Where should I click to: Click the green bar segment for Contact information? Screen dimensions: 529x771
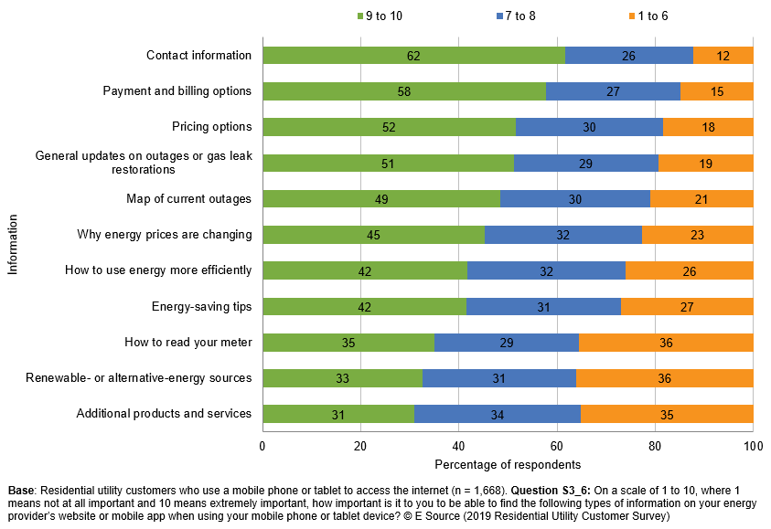pos(413,56)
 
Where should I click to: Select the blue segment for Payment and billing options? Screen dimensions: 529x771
pos(613,91)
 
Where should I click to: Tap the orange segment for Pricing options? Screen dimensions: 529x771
pos(708,127)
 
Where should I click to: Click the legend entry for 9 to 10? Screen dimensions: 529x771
pos(376,16)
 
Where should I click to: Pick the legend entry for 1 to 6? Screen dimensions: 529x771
pos(649,16)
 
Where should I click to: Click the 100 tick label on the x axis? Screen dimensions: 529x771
pos(753,447)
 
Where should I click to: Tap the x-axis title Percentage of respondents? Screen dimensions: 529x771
pos(507,465)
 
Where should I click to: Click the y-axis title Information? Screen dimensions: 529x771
pos(12,244)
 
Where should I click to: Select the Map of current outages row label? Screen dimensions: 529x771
pos(188,198)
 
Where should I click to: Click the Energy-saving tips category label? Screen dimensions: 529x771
pos(201,306)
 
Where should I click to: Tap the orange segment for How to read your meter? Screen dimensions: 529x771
pos(666,343)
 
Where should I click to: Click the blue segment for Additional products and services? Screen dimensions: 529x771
pos(498,414)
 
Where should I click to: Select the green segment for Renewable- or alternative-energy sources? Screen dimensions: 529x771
pos(342,378)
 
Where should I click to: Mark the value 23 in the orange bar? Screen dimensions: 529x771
pos(697,235)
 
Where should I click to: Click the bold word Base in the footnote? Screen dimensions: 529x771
pos(22,491)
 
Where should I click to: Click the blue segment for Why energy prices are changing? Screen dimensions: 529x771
pos(562,235)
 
